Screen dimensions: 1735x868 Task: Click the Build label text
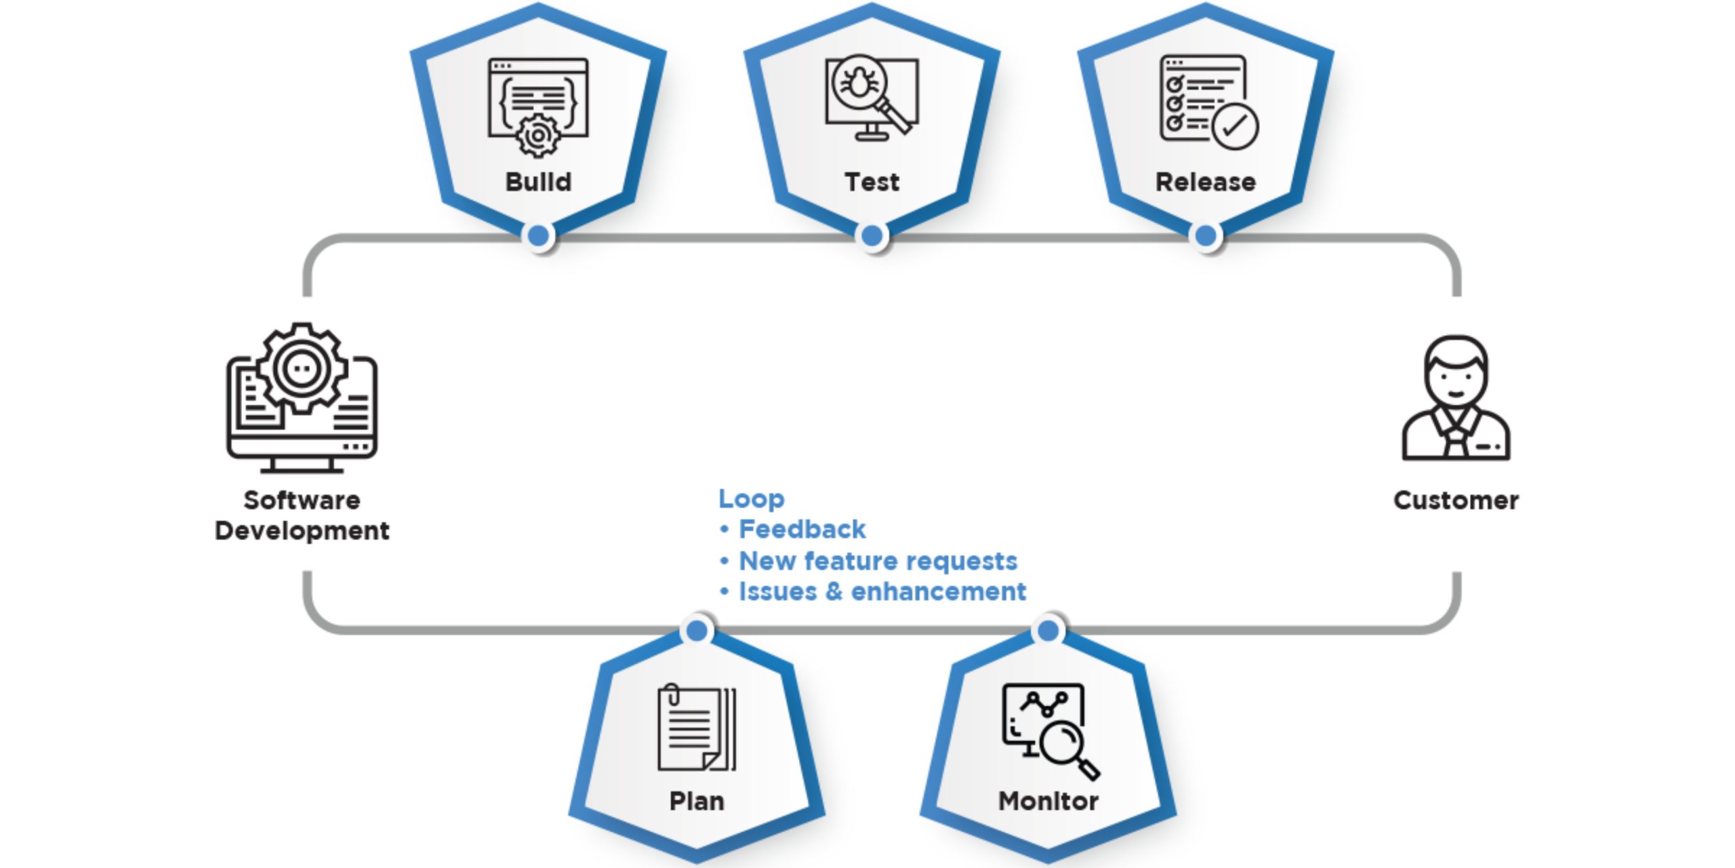click(x=538, y=182)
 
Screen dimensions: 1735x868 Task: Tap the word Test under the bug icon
click(x=872, y=182)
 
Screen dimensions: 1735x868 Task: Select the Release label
click(x=1205, y=182)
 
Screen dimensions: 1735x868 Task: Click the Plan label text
click(x=697, y=802)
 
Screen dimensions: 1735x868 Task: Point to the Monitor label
click(x=1048, y=801)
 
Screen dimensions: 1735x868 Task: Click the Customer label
click(x=1456, y=500)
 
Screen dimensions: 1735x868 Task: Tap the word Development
click(x=302, y=531)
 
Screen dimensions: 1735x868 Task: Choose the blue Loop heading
click(x=752, y=499)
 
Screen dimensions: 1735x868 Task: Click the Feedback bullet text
click(x=802, y=529)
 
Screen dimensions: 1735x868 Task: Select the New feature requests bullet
click(x=878, y=561)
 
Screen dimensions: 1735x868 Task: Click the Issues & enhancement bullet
click(x=882, y=591)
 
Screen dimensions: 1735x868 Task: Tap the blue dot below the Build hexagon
click(x=539, y=235)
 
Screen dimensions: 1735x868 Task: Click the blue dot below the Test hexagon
click(x=872, y=235)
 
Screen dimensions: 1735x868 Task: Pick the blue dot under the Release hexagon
click(x=1206, y=235)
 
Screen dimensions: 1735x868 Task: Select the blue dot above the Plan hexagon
click(x=697, y=631)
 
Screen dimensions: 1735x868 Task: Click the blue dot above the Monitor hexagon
click(x=1048, y=631)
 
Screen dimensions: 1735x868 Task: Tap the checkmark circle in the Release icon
click(x=1235, y=125)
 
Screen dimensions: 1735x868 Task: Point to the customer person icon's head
click(x=1456, y=370)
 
